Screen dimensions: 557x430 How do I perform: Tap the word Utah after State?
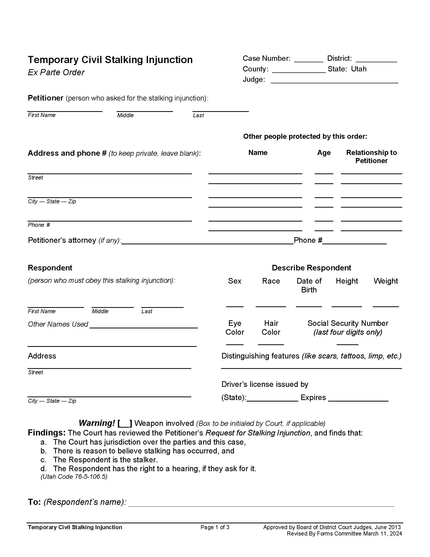pyautogui.click(x=359, y=69)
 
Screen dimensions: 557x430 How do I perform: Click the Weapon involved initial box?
pyautogui.click(x=124, y=424)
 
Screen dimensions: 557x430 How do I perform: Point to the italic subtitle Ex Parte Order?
pyautogui.click(x=56, y=72)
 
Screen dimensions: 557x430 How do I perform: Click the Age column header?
pyautogui.click(x=324, y=152)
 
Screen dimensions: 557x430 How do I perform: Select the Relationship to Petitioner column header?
pyautogui.click(x=371, y=156)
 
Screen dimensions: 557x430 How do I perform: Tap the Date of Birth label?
pyautogui.click(x=309, y=285)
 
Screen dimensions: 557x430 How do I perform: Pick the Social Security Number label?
pyautogui.click(x=348, y=323)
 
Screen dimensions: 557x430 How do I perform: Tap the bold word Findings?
pyautogui.click(x=47, y=433)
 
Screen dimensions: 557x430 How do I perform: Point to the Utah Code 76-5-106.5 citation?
pyautogui.click(x=74, y=476)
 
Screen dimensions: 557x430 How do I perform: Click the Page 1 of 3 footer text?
pyautogui.click(x=215, y=527)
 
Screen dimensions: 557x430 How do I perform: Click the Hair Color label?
pyautogui.click(x=271, y=327)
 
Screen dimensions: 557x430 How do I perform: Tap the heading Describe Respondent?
pyautogui.click(x=311, y=268)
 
